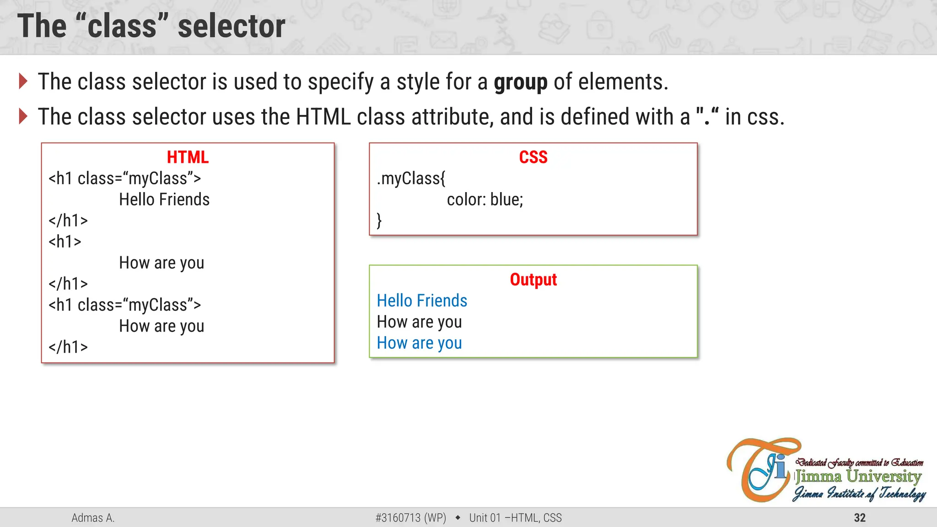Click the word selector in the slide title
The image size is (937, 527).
click(x=232, y=27)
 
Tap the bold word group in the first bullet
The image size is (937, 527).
click(x=520, y=82)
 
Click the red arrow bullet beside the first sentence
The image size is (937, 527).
click(x=23, y=81)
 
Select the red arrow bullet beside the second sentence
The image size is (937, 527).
click(x=23, y=116)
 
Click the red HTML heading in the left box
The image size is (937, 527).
click(x=188, y=157)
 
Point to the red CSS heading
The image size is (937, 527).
click(x=533, y=157)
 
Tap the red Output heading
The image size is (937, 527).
click(x=533, y=280)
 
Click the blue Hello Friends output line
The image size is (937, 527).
click(x=422, y=301)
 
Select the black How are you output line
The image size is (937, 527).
click(x=419, y=322)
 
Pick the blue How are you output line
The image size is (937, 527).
click(x=419, y=343)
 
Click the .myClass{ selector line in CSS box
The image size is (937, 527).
click(x=411, y=178)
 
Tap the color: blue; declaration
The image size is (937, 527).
click(x=485, y=200)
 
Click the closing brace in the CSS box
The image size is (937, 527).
click(x=379, y=220)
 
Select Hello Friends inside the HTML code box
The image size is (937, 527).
click(x=164, y=200)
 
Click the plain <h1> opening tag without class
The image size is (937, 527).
click(x=65, y=242)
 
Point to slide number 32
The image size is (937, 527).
click(x=860, y=518)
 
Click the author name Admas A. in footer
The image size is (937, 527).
click(x=93, y=518)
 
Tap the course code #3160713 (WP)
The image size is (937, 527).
click(x=410, y=518)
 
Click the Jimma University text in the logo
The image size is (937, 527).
click(x=858, y=477)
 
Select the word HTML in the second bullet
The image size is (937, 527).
click(x=323, y=117)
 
